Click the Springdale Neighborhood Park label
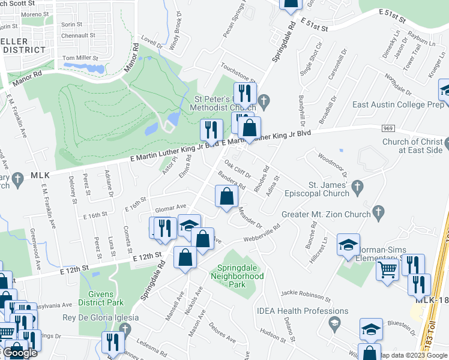pos(237,272)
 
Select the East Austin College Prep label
pos(397,104)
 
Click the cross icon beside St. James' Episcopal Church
pos(358,185)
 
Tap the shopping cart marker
pos(388,269)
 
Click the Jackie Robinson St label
pos(306,295)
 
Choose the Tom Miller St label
pos(80,58)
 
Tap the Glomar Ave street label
pos(169,208)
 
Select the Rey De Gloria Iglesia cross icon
pos(125,328)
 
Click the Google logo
pos(19,352)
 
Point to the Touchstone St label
pos(238,74)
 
